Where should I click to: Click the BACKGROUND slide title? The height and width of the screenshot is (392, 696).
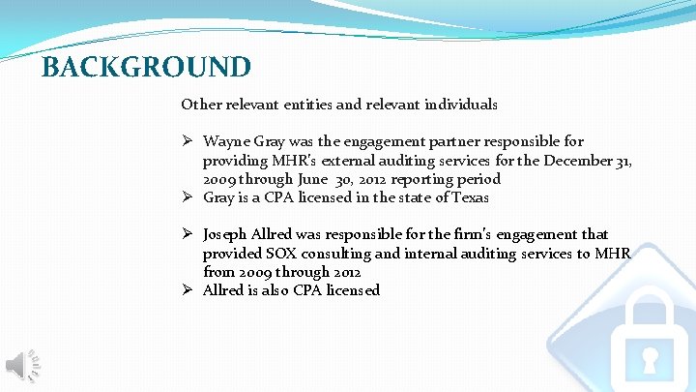click(x=147, y=67)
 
